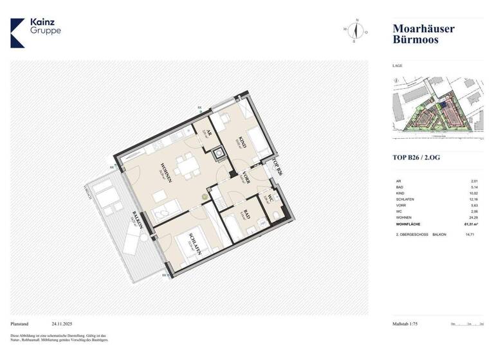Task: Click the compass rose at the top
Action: [x=354, y=30]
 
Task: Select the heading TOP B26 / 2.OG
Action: [x=417, y=157]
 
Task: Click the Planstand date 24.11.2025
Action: [x=66, y=324]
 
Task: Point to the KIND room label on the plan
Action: [x=242, y=142]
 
